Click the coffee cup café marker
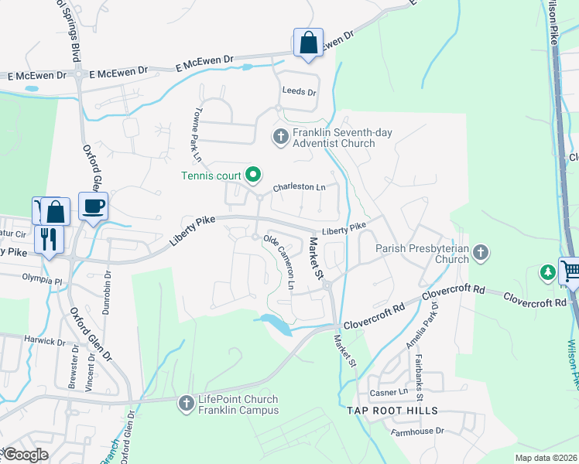pyautogui.click(x=94, y=206)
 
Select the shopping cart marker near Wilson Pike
pyautogui.click(x=570, y=271)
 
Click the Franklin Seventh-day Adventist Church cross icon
pyautogui.click(x=280, y=138)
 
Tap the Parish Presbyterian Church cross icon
pyautogui.click(x=481, y=251)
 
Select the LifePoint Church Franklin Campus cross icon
pyautogui.click(x=186, y=402)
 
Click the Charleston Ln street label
pyautogui.click(x=299, y=188)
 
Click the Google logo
pyautogui.click(x=26, y=455)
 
